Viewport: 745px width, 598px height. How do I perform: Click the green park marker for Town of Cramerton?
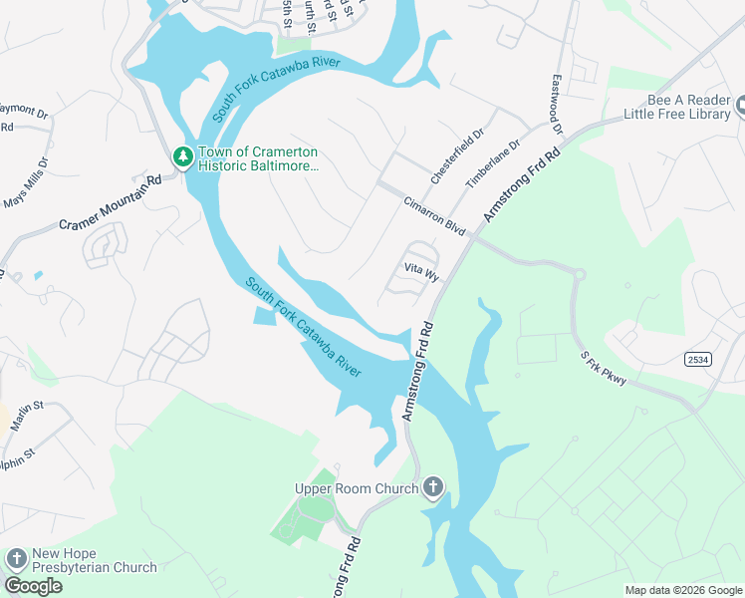(182, 156)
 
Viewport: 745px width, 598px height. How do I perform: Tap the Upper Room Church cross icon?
(432, 488)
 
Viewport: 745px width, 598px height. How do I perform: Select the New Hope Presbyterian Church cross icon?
(16, 560)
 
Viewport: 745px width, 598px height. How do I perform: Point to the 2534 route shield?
(697, 358)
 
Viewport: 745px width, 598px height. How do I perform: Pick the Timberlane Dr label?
(494, 162)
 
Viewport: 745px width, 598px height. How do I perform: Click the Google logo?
(33, 586)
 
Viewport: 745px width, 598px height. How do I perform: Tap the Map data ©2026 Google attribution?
(683, 590)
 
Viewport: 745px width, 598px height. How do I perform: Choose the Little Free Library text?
(677, 115)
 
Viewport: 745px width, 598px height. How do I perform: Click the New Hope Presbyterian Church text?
(94, 561)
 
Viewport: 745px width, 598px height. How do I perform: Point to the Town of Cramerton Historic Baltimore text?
(258, 158)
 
